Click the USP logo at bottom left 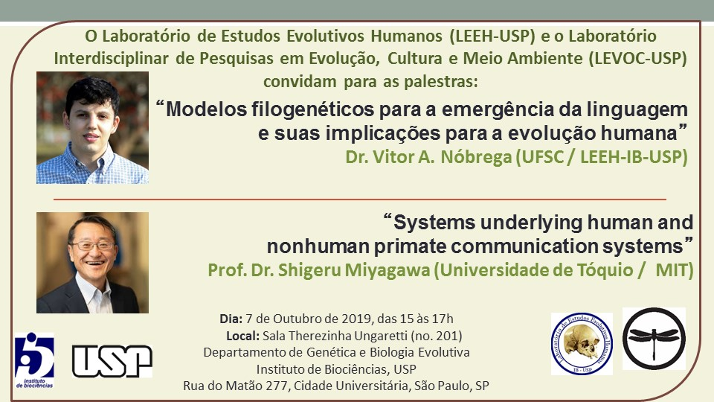(112, 361)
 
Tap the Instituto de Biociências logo (35, 360)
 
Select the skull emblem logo (582, 344)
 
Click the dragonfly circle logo (654, 338)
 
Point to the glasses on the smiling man (91, 246)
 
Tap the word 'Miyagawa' (387, 269)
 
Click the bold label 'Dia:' (231, 319)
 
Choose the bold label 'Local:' (242, 336)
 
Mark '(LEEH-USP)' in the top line (492, 36)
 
